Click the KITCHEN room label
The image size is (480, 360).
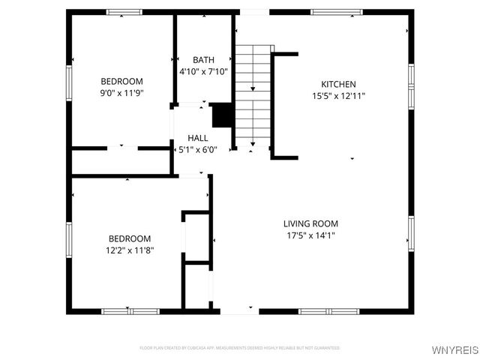click(338, 84)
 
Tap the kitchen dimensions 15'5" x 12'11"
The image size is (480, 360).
click(338, 96)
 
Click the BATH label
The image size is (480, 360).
click(203, 60)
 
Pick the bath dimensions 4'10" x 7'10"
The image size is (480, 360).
click(203, 72)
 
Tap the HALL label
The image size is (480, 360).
click(198, 138)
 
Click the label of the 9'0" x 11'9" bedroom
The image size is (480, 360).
click(121, 81)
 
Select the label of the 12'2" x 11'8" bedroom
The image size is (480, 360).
click(130, 238)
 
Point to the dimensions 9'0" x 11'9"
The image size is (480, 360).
click(121, 93)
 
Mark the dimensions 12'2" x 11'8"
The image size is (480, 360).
click(130, 250)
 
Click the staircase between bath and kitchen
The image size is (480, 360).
click(253, 94)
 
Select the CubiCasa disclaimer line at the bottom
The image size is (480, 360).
click(240, 348)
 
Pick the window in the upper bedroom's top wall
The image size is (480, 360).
click(124, 12)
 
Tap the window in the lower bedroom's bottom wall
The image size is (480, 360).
click(121, 310)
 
